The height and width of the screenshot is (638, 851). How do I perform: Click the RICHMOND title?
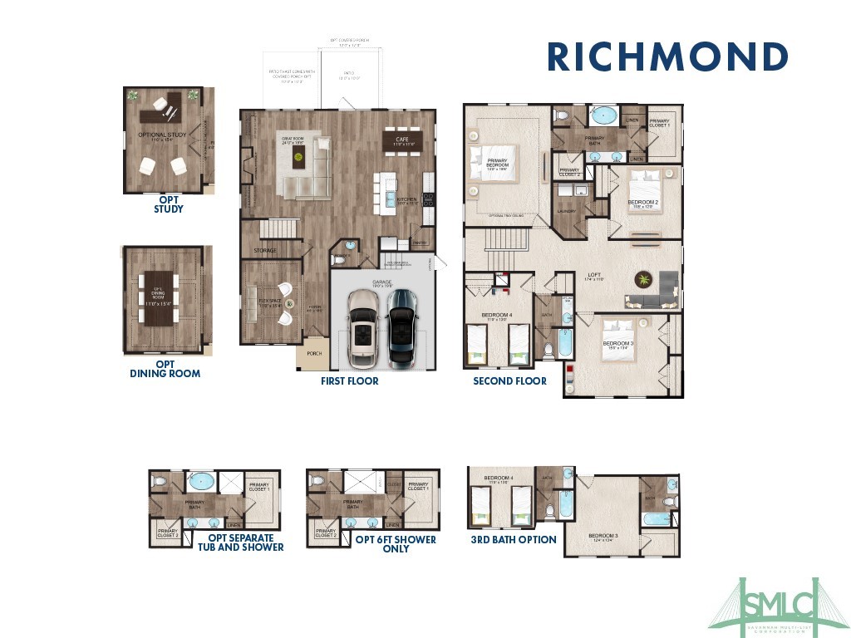(667, 57)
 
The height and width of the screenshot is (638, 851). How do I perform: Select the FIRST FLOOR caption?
(350, 381)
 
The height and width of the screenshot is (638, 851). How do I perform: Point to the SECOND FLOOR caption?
(509, 381)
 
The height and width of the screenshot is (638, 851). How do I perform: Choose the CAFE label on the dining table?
(402, 139)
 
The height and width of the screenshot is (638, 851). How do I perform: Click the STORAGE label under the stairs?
(264, 250)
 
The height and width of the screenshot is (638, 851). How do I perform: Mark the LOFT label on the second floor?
(594, 275)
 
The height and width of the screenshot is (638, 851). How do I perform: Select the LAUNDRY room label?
(566, 212)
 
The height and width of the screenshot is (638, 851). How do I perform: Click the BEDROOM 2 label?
(642, 202)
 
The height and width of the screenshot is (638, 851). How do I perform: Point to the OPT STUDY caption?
(169, 204)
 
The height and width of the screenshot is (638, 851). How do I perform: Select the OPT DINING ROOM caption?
(165, 369)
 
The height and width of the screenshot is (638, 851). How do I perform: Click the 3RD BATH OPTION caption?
(514, 540)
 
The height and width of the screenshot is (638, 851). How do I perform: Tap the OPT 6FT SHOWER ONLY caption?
(396, 543)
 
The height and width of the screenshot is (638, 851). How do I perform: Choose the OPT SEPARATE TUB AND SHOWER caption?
(240, 542)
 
